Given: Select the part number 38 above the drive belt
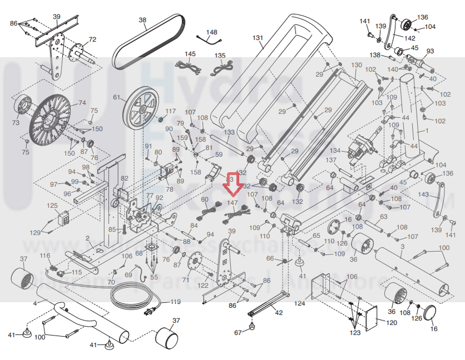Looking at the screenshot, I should [143, 20].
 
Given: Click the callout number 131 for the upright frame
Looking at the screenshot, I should [257, 38].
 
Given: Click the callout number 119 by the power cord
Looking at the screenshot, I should [176, 302].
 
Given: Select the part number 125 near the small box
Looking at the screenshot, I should [52, 206].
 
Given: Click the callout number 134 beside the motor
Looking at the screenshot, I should [334, 151].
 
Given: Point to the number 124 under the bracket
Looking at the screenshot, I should [300, 303].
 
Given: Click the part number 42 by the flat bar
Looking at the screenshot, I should [279, 313].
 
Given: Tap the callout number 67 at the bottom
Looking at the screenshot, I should [238, 333].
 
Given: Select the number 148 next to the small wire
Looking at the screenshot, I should [212, 32].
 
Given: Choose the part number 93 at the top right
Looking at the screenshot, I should [430, 51].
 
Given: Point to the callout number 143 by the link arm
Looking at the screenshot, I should [423, 194].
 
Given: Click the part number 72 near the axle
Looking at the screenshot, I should [92, 39].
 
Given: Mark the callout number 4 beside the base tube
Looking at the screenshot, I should [35, 303].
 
